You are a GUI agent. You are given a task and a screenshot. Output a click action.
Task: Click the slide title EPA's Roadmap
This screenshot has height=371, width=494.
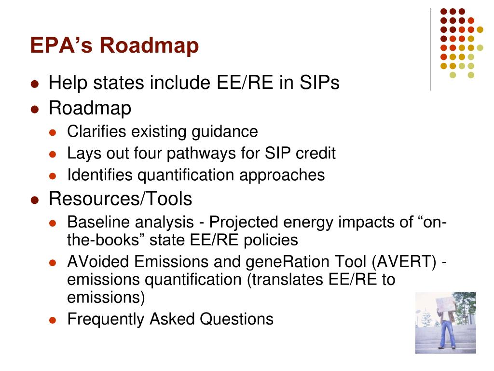click(x=114, y=46)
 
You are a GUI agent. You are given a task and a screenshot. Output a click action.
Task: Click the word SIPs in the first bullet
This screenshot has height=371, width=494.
click(x=320, y=83)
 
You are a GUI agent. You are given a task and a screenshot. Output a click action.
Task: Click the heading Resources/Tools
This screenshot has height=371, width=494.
click(x=120, y=199)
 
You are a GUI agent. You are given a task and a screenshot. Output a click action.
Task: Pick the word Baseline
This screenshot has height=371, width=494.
click(x=99, y=222)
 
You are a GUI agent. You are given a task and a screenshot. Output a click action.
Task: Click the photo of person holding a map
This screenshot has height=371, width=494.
click(x=445, y=323)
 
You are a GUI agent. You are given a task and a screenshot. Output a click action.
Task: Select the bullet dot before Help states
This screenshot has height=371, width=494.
click(x=34, y=84)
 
